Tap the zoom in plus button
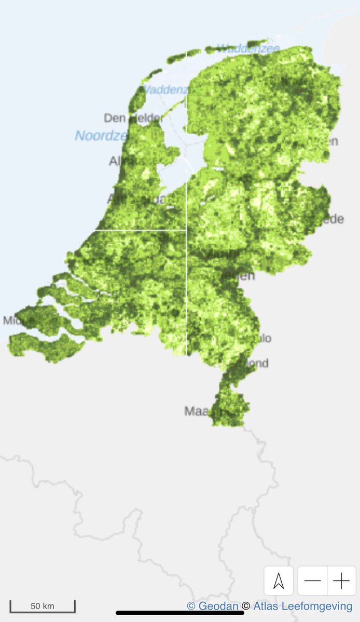click(x=341, y=581)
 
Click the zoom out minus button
click(x=312, y=581)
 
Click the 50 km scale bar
click(x=43, y=606)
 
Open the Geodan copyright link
click(x=217, y=606)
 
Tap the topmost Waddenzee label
click(x=248, y=49)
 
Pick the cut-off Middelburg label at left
click(x=11, y=320)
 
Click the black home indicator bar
click(x=179, y=613)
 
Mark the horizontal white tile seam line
click(x=140, y=230)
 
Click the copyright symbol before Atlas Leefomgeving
click(x=246, y=606)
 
